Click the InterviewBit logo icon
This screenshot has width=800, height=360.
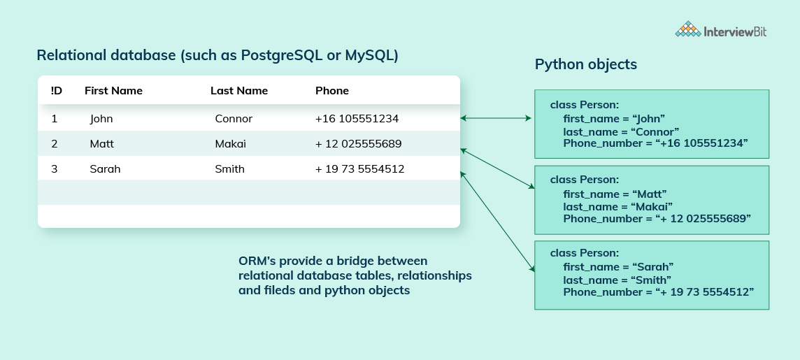tap(688, 29)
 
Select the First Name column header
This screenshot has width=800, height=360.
tap(113, 91)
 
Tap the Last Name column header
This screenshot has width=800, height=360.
tap(239, 91)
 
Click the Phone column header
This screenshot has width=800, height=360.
tap(332, 91)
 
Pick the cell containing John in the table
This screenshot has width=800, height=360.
tap(101, 119)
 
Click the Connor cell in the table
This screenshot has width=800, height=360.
tap(234, 119)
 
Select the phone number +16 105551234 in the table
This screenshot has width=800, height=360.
tap(357, 119)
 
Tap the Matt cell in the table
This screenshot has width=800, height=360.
tap(102, 144)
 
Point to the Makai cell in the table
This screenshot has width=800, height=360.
tap(231, 144)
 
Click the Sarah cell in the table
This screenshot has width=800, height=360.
tap(105, 169)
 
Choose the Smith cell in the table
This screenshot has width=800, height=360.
tap(230, 169)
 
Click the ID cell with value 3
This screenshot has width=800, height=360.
tap(55, 169)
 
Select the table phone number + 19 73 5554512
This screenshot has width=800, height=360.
tap(359, 169)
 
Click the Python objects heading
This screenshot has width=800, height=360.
tap(586, 64)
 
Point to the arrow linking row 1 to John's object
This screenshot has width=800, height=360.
tap(497, 119)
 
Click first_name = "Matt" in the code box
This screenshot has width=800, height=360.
tap(615, 194)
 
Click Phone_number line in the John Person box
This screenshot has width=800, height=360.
tap(655, 143)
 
